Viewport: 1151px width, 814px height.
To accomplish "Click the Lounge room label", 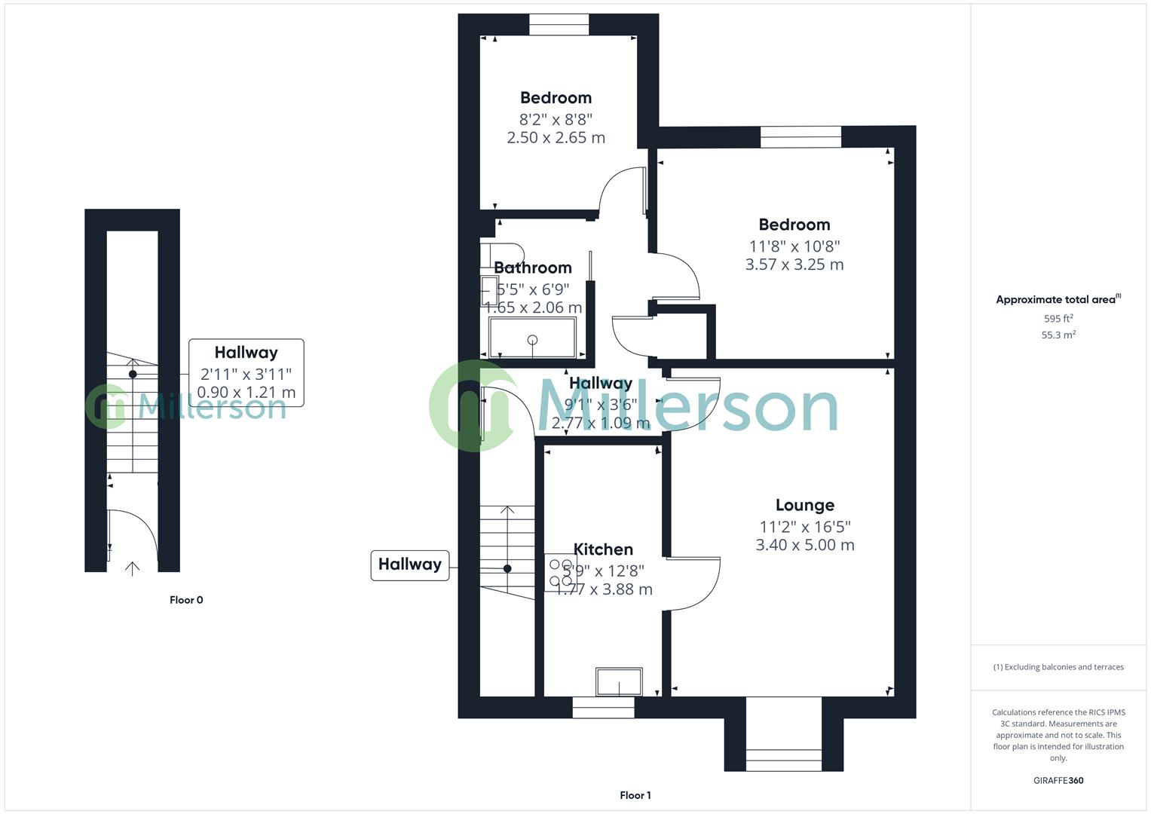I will tap(804, 505).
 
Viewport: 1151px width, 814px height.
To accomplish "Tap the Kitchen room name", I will tap(603, 549).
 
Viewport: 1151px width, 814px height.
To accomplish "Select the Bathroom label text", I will tap(532, 268).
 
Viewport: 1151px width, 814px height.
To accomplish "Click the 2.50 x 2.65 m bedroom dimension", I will tap(556, 137).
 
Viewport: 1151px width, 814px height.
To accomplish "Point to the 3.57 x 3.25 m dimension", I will tap(794, 265).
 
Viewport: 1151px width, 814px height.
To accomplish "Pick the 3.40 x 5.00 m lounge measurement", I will tap(804, 545).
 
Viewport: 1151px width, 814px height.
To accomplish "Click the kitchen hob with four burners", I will tap(559, 573).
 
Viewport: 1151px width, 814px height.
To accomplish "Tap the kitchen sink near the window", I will tap(619, 682).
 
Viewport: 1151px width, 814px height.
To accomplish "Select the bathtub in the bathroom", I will tap(532, 338).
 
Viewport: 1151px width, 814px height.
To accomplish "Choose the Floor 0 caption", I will tap(186, 600).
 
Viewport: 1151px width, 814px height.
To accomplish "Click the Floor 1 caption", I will tap(635, 795).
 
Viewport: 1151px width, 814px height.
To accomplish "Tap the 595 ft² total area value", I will tap(1058, 319).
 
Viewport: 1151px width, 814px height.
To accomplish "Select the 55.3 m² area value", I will tap(1058, 335).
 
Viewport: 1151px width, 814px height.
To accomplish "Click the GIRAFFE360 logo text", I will tap(1058, 781).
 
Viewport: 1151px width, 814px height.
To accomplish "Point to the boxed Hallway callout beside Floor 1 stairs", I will tap(409, 565).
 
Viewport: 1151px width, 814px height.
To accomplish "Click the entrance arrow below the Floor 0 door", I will tap(132, 568).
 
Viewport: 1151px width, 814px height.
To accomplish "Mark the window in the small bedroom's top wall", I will tap(559, 25).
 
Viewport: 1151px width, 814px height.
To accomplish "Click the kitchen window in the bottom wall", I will tap(603, 707).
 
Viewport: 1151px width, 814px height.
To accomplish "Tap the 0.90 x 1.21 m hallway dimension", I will tap(246, 393).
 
